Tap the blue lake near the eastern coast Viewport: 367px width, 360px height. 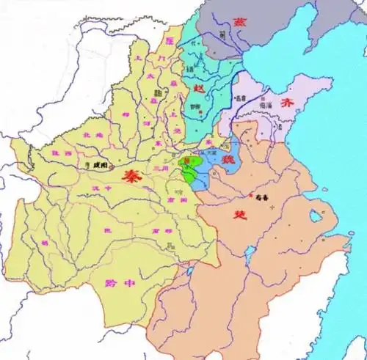point(316,218)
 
